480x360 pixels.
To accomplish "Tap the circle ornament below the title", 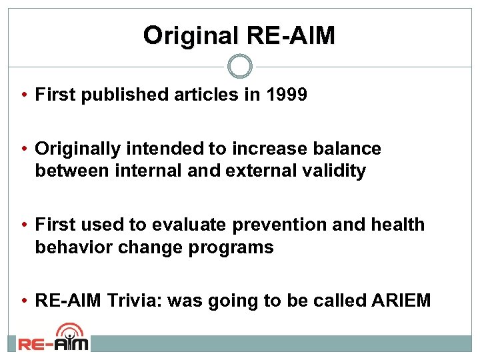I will [240, 67].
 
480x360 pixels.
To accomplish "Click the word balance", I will [347, 149].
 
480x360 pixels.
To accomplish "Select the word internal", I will [144, 171].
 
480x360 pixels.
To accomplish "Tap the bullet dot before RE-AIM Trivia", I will [23, 301].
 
